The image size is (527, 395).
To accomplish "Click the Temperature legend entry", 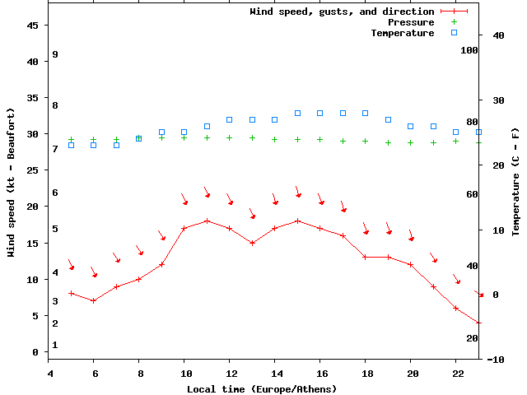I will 402,33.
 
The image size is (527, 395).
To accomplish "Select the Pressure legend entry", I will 410,22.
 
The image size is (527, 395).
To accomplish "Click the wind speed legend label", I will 342,12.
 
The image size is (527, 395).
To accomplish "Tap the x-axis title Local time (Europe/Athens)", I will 262,388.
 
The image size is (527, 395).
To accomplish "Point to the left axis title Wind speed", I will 12,182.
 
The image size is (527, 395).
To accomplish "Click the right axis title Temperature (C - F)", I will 515,181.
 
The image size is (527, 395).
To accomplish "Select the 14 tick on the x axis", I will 275,373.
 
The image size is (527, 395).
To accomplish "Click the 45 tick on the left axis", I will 33,26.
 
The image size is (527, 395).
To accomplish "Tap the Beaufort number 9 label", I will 54,54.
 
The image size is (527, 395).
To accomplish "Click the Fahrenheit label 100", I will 469,50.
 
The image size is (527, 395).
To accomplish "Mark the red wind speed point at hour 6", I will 94,300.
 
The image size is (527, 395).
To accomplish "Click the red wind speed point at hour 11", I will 207,221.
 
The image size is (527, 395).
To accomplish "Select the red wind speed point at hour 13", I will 252,243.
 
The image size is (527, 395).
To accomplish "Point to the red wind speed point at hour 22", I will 455,308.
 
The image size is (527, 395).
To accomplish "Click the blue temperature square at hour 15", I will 297,113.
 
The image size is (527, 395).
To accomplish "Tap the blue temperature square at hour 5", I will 71,145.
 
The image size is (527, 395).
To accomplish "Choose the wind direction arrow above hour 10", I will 184,198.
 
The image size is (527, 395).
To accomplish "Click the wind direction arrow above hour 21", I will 433,258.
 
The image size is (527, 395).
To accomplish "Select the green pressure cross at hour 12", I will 230,137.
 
